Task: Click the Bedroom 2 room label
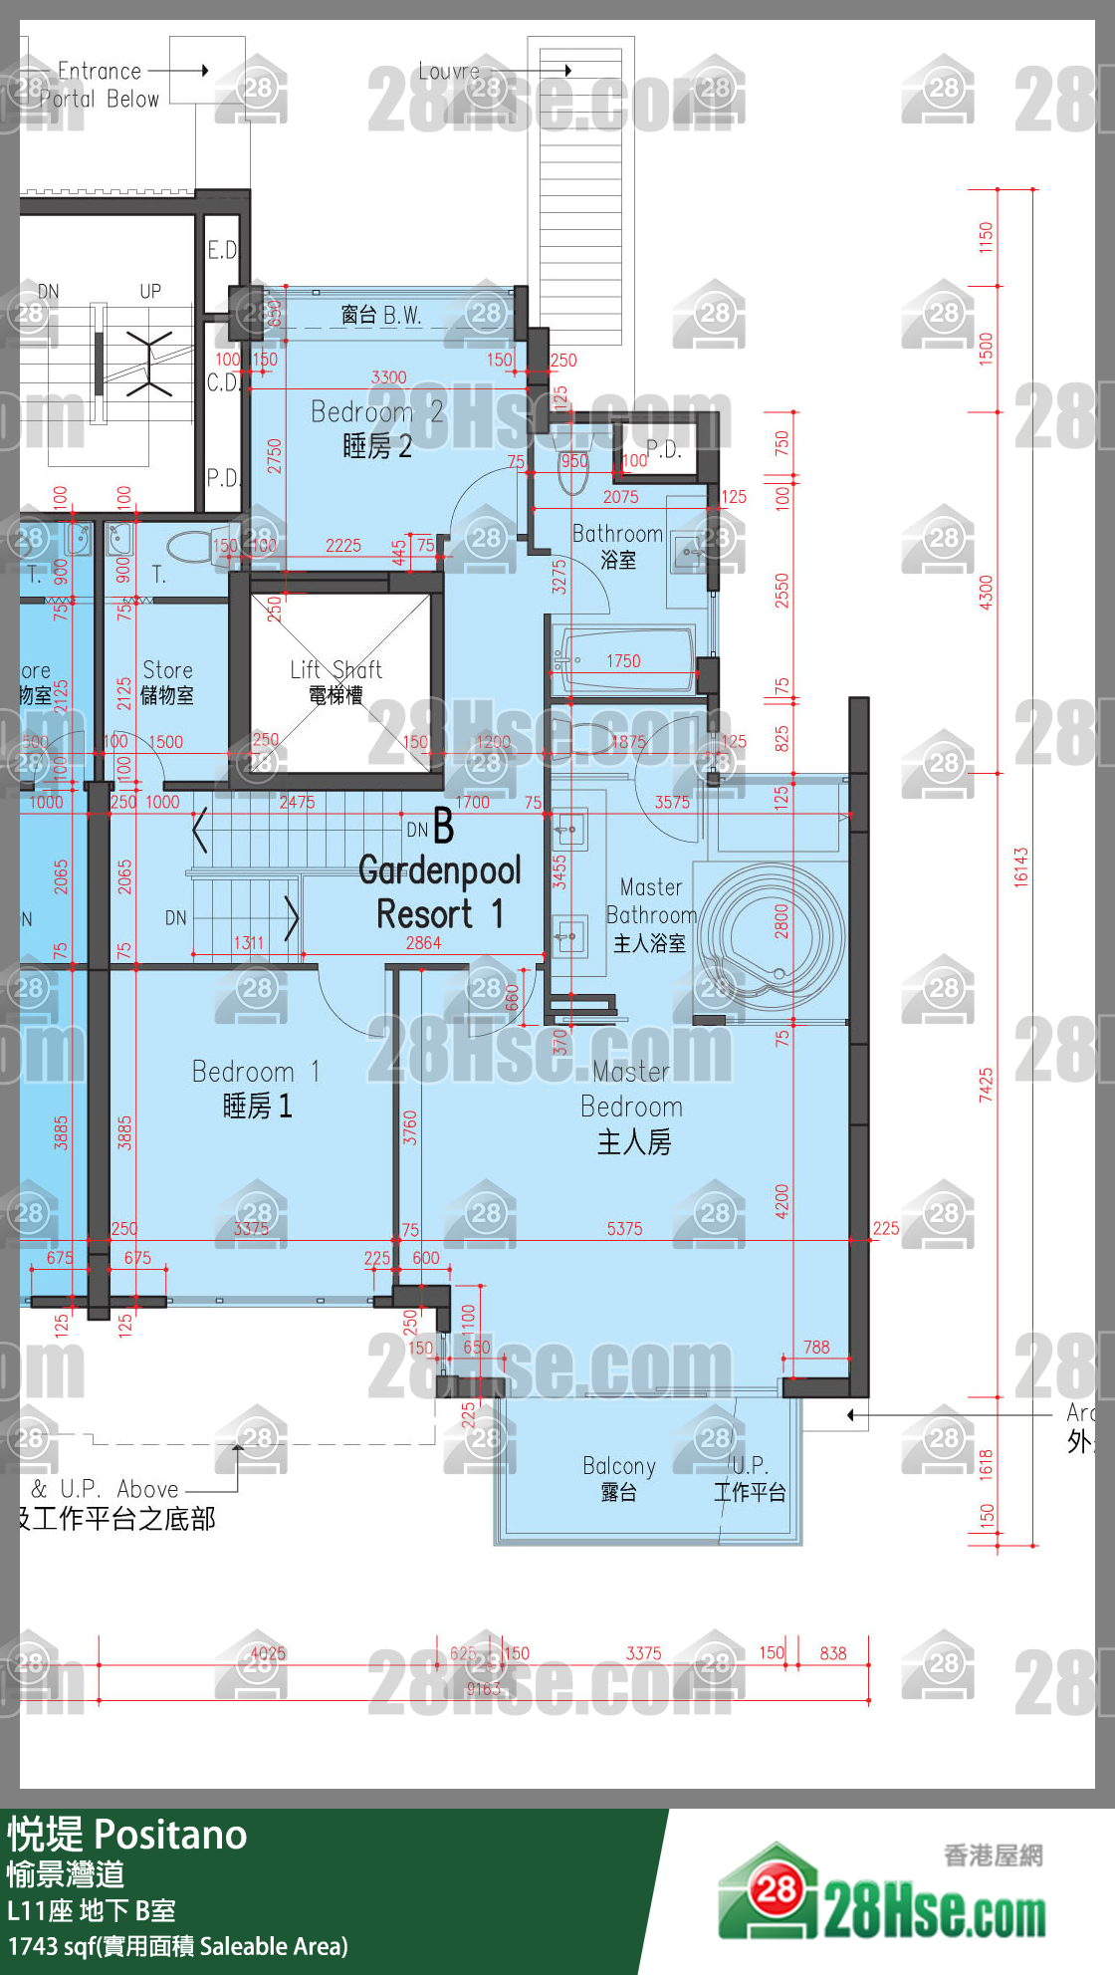[x=376, y=429]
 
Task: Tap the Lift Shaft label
[x=335, y=681]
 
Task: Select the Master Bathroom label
[x=651, y=914]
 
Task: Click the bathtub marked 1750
[x=624, y=659]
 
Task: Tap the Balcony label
[x=619, y=1478]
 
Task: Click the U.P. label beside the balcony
[x=750, y=1478]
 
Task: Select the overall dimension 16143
[x=1020, y=866]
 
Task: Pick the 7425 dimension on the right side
[x=986, y=1085]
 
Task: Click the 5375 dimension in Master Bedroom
[x=624, y=1229]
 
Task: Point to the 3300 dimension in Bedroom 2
[x=388, y=377]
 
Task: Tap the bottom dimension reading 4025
[x=267, y=1653]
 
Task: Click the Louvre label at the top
[x=449, y=72]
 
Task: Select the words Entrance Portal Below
[x=99, y=85]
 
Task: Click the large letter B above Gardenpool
[x=443, y=827]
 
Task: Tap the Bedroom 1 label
[x=257, y=1089]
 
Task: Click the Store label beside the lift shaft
[x=167, y=682]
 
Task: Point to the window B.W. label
[x=381, y=316]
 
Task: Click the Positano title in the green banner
[x=170, y=1835]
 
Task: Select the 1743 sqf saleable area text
[x=178, y=1946]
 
